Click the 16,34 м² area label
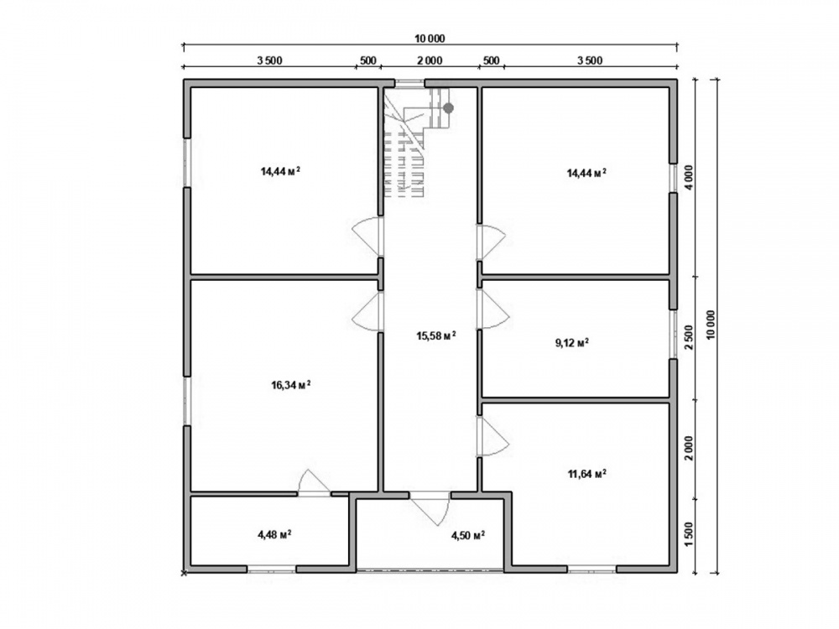pyautogui.click(x=292, y=385)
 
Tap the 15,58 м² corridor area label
pyautogui.click(x=436, y=335)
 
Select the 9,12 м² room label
pyautogui.click(x=572, y=343)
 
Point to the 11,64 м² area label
pyautogui.click(x=586, y=473)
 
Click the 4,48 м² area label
pyautogui.click(x=274, y=533)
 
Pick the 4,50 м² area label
pyautogui.click(x=468, y=535)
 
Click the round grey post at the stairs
pyautogui.click(x=448, y=108)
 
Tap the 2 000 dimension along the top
pyautogui.click(x=430, y=60)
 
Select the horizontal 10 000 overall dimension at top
pyautogui.click(x=430, y=39)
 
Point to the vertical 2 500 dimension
pyautogui.click(x=689, y=337)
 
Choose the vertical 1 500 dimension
pyautogui.click(x=689, y=535)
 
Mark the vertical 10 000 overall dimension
pyautogui.click(x=711, y=325)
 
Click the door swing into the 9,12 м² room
pyautogui.click(x=492, y=309)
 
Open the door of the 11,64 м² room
pyautogui.click(x=493, y=436)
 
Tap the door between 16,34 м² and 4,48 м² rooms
pyautogui.click(x=314, y=482)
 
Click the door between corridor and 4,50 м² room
pyautogui.click(x=430, y=508)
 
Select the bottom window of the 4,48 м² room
pyautogui.click(x=272, y=569)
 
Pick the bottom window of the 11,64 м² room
pyautogui.click(x=591, y=569)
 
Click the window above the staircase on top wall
pyautogui.click(x=410, y=83)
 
